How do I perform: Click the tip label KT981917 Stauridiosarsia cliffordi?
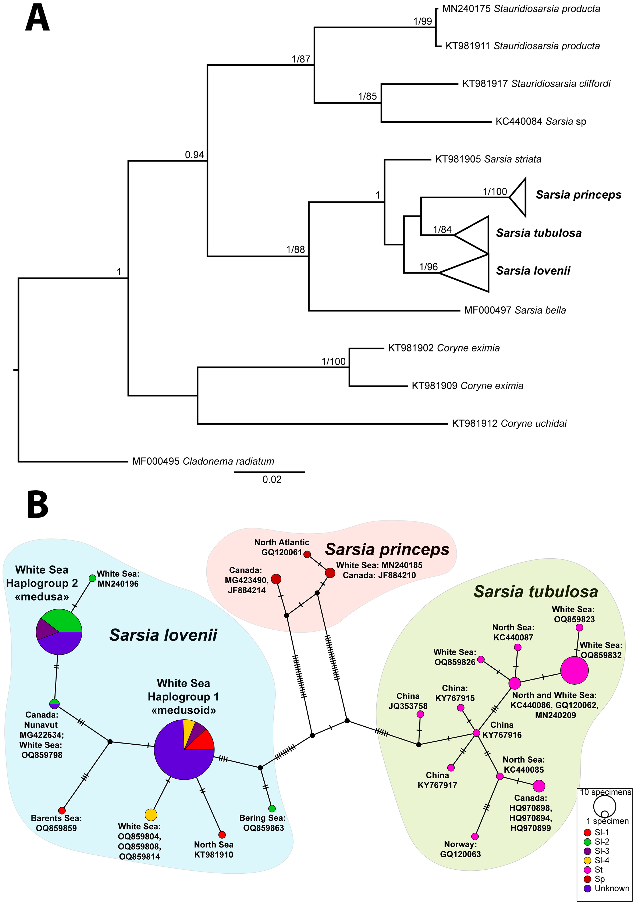536,84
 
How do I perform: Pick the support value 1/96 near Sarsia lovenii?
428,267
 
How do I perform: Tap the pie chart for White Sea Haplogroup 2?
59,632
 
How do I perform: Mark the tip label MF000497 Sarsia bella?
515,310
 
